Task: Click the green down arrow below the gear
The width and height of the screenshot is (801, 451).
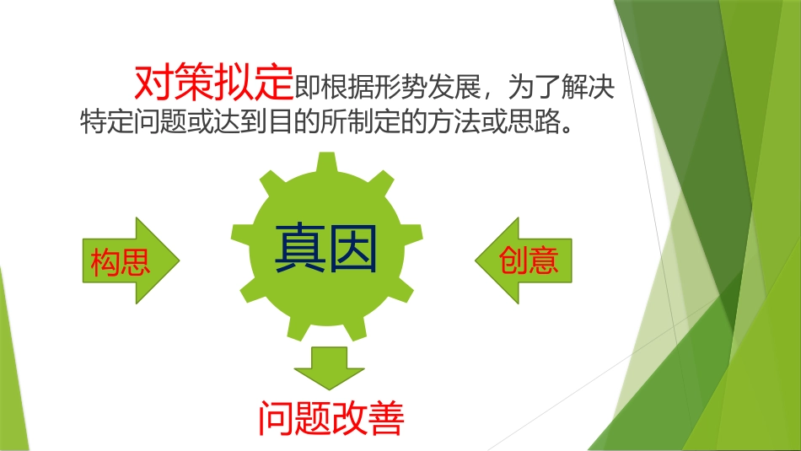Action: coord(329,368)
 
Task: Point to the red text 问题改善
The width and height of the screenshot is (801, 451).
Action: coord(331,418)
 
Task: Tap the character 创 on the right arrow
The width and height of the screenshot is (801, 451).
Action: coord(513,260)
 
